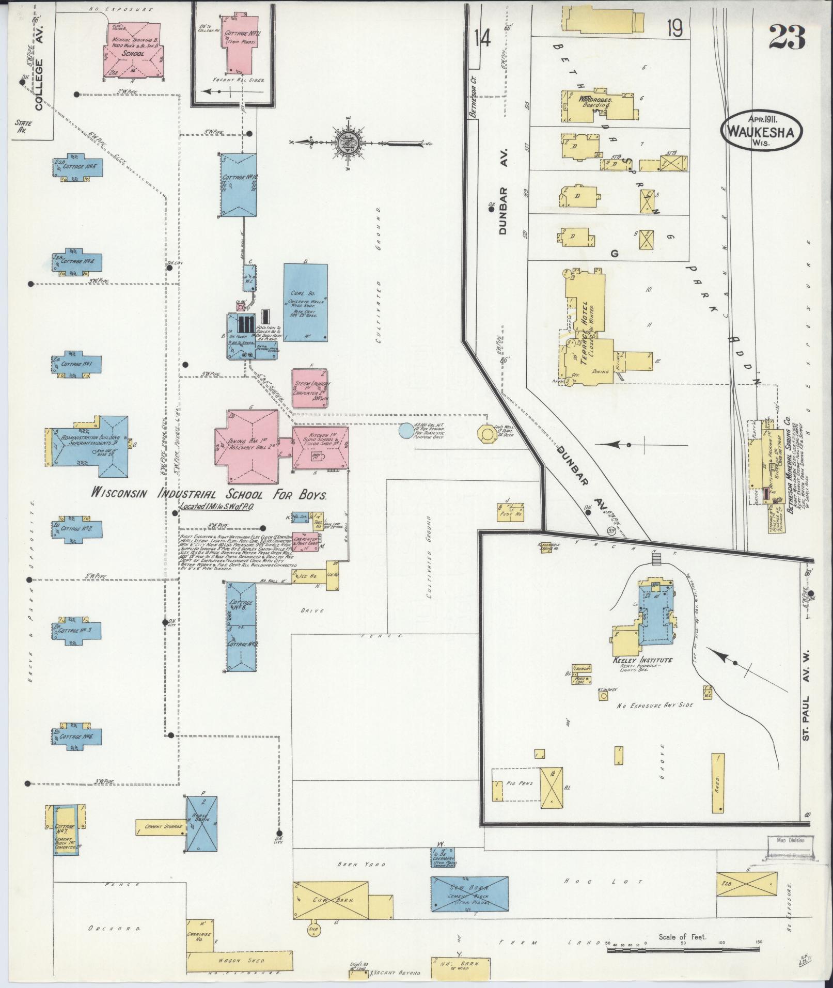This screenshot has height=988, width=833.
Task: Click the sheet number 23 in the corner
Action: pyautogui.click(x=787, y=37)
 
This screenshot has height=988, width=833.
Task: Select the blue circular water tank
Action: pyautogui.click(x=407, y=431)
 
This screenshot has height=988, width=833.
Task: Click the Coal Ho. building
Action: pyautogui.click(x=305, y=303)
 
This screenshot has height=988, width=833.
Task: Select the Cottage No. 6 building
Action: pyautogui.click(x=77, y=736)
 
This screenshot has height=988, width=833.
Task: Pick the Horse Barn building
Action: pyautogui.click(x=201, y=826)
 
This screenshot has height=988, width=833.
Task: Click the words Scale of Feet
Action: pyautogui.click(x=682, y=936)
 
